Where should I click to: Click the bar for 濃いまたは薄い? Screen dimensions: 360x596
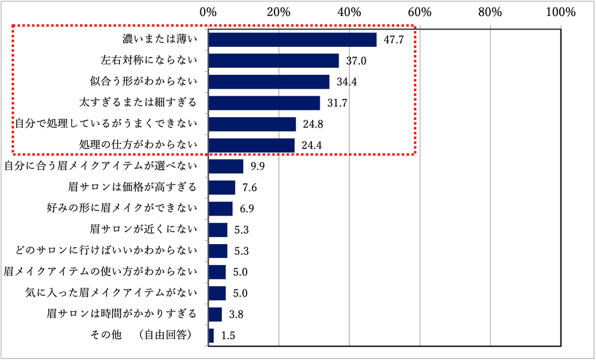tap(292, 39)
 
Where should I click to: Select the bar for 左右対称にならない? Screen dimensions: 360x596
tap(273, 61)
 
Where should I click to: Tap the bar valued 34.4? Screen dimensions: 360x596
tap(269, 82)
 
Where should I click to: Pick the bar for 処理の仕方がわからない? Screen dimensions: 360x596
tap(251, 145)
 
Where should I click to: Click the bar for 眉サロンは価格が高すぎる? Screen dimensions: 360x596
tap(222, 188)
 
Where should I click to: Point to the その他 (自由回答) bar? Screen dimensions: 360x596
tap(211, 335)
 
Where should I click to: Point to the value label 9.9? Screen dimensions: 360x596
tap(257, 167)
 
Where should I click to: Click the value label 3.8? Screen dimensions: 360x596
tap(236, 314)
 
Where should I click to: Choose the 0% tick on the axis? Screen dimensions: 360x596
tap(208, 11)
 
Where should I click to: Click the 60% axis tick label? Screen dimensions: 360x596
tap(420, 11)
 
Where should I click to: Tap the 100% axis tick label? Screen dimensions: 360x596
tap(560, 11)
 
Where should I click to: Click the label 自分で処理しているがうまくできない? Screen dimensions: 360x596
tap(107, 124)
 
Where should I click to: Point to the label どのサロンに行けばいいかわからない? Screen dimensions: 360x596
tap(107, 250)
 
